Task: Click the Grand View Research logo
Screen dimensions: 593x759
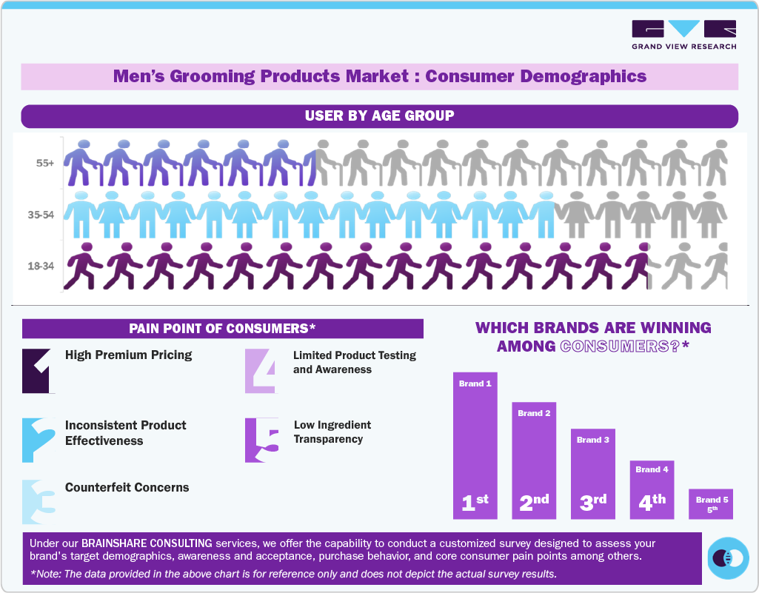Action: point(683,35)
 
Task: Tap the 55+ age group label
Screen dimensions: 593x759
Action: point(44,163)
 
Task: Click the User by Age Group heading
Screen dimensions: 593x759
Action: point(379,116)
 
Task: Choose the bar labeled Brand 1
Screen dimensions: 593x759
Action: point(475,445)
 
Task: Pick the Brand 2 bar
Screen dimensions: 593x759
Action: point(534,460)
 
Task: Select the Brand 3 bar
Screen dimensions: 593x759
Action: point(593,474)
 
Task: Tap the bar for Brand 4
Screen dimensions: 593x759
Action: point(652,489)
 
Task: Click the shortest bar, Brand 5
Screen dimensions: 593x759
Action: point(712,503)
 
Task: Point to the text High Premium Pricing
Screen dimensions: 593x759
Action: point(128,355)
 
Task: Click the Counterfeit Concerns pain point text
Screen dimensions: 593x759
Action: point(127,488)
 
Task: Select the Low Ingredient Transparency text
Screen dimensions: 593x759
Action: point(332,432)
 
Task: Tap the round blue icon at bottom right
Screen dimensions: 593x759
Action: point(728,557)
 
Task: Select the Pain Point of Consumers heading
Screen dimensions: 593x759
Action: point(222,329)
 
